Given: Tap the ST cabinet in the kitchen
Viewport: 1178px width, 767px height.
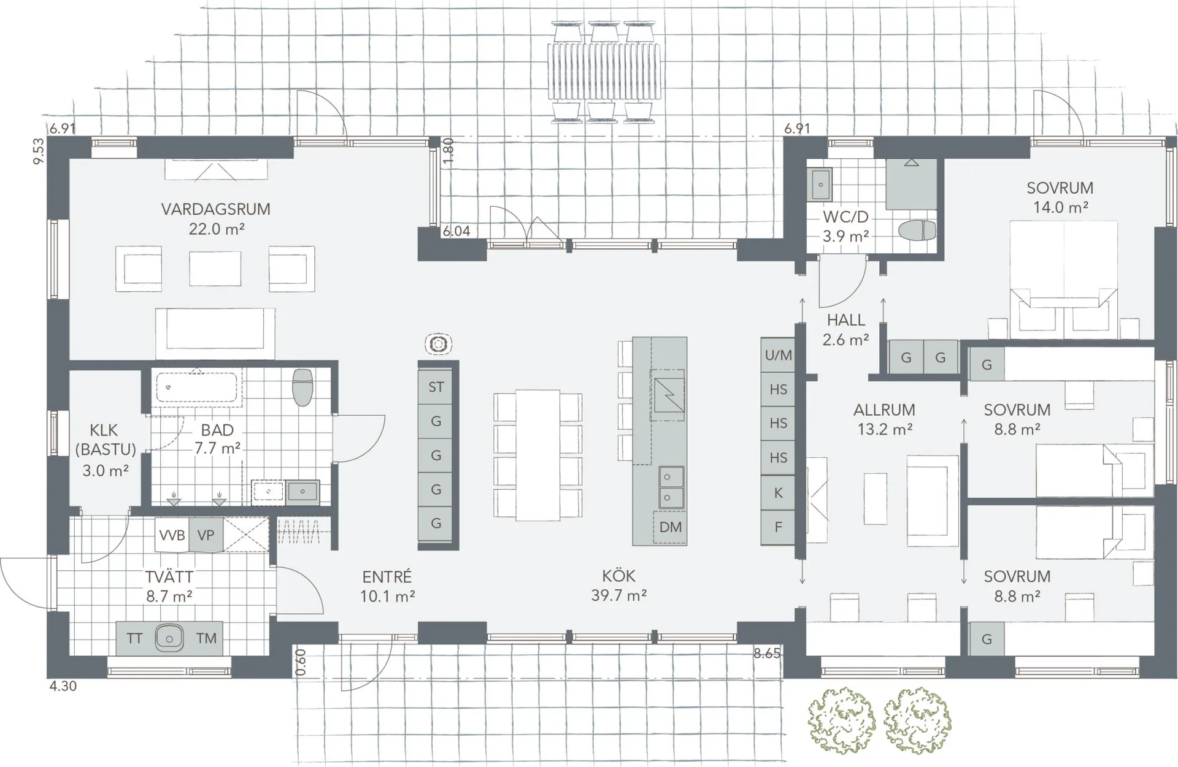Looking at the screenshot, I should pyautogui.click(x=436, y=387).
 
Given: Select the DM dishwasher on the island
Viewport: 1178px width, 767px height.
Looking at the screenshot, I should pyautogui.click(x=670, y=527).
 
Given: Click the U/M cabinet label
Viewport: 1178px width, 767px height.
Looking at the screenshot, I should pyautogui.click(x=778, y=355).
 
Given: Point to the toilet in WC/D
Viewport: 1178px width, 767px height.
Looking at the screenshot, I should pyautogui.click(x=917, y=231).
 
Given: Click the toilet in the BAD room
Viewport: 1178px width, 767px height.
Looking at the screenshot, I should pyautogui.click(x=302, y=387).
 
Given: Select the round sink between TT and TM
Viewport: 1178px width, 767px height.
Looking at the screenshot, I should pyautogui.click(x=169, y=638).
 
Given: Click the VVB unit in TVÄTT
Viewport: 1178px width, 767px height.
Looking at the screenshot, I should pyautogui.click(x=172, y=535).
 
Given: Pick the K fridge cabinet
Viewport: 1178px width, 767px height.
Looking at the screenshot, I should pyautogui.click(x=778, y=492).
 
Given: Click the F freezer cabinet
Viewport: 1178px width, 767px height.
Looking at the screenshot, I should pyautogui.click(x=778, y=527).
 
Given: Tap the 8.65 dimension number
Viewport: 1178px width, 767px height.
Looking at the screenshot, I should pyautogui.click(x=767, y=654).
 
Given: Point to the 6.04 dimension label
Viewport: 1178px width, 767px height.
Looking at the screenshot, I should pyautogui.click(x=456, y=231).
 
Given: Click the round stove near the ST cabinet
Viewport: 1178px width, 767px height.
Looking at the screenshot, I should pyautogui.click(x=438, y=345).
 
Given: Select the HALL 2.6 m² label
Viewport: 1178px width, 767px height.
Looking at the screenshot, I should pyautogui.click(x=845, y=329).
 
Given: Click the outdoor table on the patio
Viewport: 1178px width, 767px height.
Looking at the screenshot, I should pyautogui.click(x=605, y=71).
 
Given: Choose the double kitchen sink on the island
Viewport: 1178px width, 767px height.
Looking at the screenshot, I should pyautogui.click(x=671, y=487).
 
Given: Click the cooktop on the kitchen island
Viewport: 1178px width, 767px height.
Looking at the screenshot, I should pyautogui.click(x=668, y=395).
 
